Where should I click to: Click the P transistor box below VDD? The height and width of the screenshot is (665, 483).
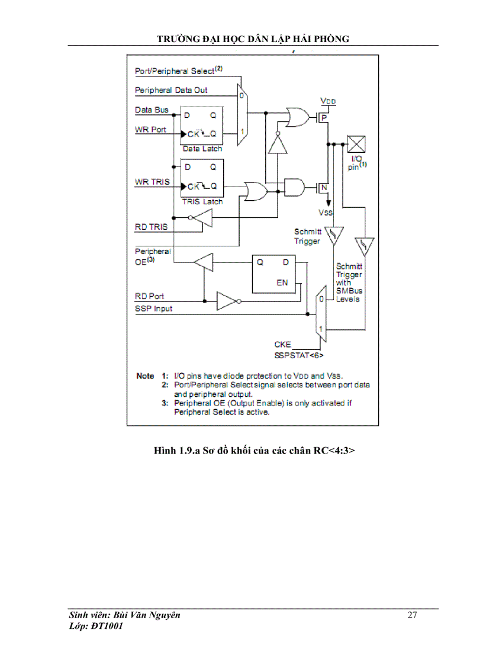click(x=323, y=118)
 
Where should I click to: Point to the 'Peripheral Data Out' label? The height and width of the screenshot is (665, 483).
click(x=171, y=91)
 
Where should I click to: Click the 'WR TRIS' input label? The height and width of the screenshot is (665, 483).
click(x=152, y=182)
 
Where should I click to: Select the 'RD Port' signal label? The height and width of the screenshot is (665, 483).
click(x=150, y=296)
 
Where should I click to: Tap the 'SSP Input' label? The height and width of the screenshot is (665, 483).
click(x=154, y=309)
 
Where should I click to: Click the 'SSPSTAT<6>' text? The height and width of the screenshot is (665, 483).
click(x=299, y=355)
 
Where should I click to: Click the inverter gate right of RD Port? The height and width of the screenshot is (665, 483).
click(x=227, y=301)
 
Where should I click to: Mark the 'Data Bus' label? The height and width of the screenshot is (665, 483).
click(x=152, y=110)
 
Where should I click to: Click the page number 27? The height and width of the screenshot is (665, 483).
click(x=412, y=615)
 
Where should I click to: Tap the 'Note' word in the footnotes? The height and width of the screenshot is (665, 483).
click(x=145, y=376)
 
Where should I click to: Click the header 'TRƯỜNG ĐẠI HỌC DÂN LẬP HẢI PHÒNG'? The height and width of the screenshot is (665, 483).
click(x=253, y=39)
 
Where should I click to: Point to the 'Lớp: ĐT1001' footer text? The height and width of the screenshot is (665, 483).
click(x=96, y=627)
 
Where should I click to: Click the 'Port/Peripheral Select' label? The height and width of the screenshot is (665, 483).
click(x=178, y=70)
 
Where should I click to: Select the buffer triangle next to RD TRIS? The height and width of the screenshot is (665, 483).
click(x=203, y=220)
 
